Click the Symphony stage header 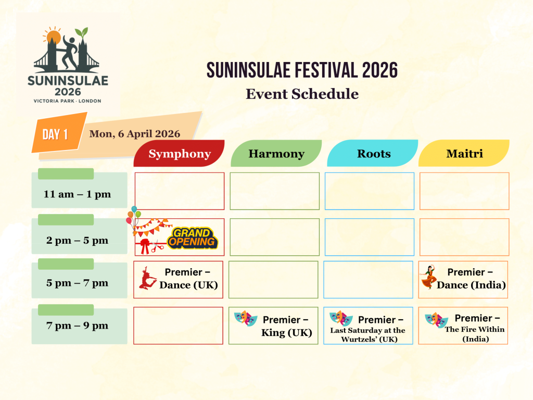pos(180,154)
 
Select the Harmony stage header pos(276,154)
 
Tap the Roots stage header pos(373,154)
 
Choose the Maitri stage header pos(464,154)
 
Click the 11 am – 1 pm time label pos(78,194)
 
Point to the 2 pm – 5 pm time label pos(78,240)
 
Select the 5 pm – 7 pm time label pos(78,283)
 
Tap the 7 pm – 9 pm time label pos(78,326)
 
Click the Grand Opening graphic pos(192,239)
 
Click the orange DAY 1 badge pos(55,134)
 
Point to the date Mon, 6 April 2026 pos(135,134)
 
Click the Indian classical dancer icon pos(428,278)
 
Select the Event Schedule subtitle pos(302,94)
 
